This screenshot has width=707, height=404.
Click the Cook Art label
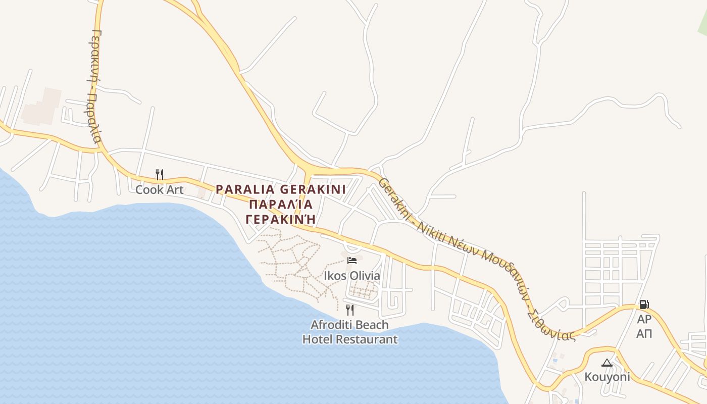pyautogui.click(x=159, y=190)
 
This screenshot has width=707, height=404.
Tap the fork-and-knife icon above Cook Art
pyautogui.click(x=160, y=175)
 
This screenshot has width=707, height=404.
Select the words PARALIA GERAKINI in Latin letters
pyautogui.click(x=281, y=189)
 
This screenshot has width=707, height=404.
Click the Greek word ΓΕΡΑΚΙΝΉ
pyautogui.click(x=281, y=219)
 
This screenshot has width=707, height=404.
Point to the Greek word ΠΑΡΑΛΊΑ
pyautogui.click(x=281, y=205)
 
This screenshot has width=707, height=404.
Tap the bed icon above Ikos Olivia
pyautogui.click(x=352, y=261)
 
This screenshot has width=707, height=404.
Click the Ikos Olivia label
pyautogui.click(x=352, y=276)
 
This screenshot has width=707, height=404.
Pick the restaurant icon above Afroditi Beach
pyautogui.click(x=349, y=310)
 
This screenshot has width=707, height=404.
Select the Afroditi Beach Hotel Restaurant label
pyautogui.click(x=350, y=332)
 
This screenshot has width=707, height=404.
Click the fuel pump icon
pyautogui.click(x=644, y=305)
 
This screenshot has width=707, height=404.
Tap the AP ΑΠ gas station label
pyautogui.click(x=644, y=326)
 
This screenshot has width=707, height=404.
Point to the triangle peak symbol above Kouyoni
pyautogui.click(x=607, y=363)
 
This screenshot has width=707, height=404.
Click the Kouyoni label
pyautogui.click(x=607, y=377)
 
